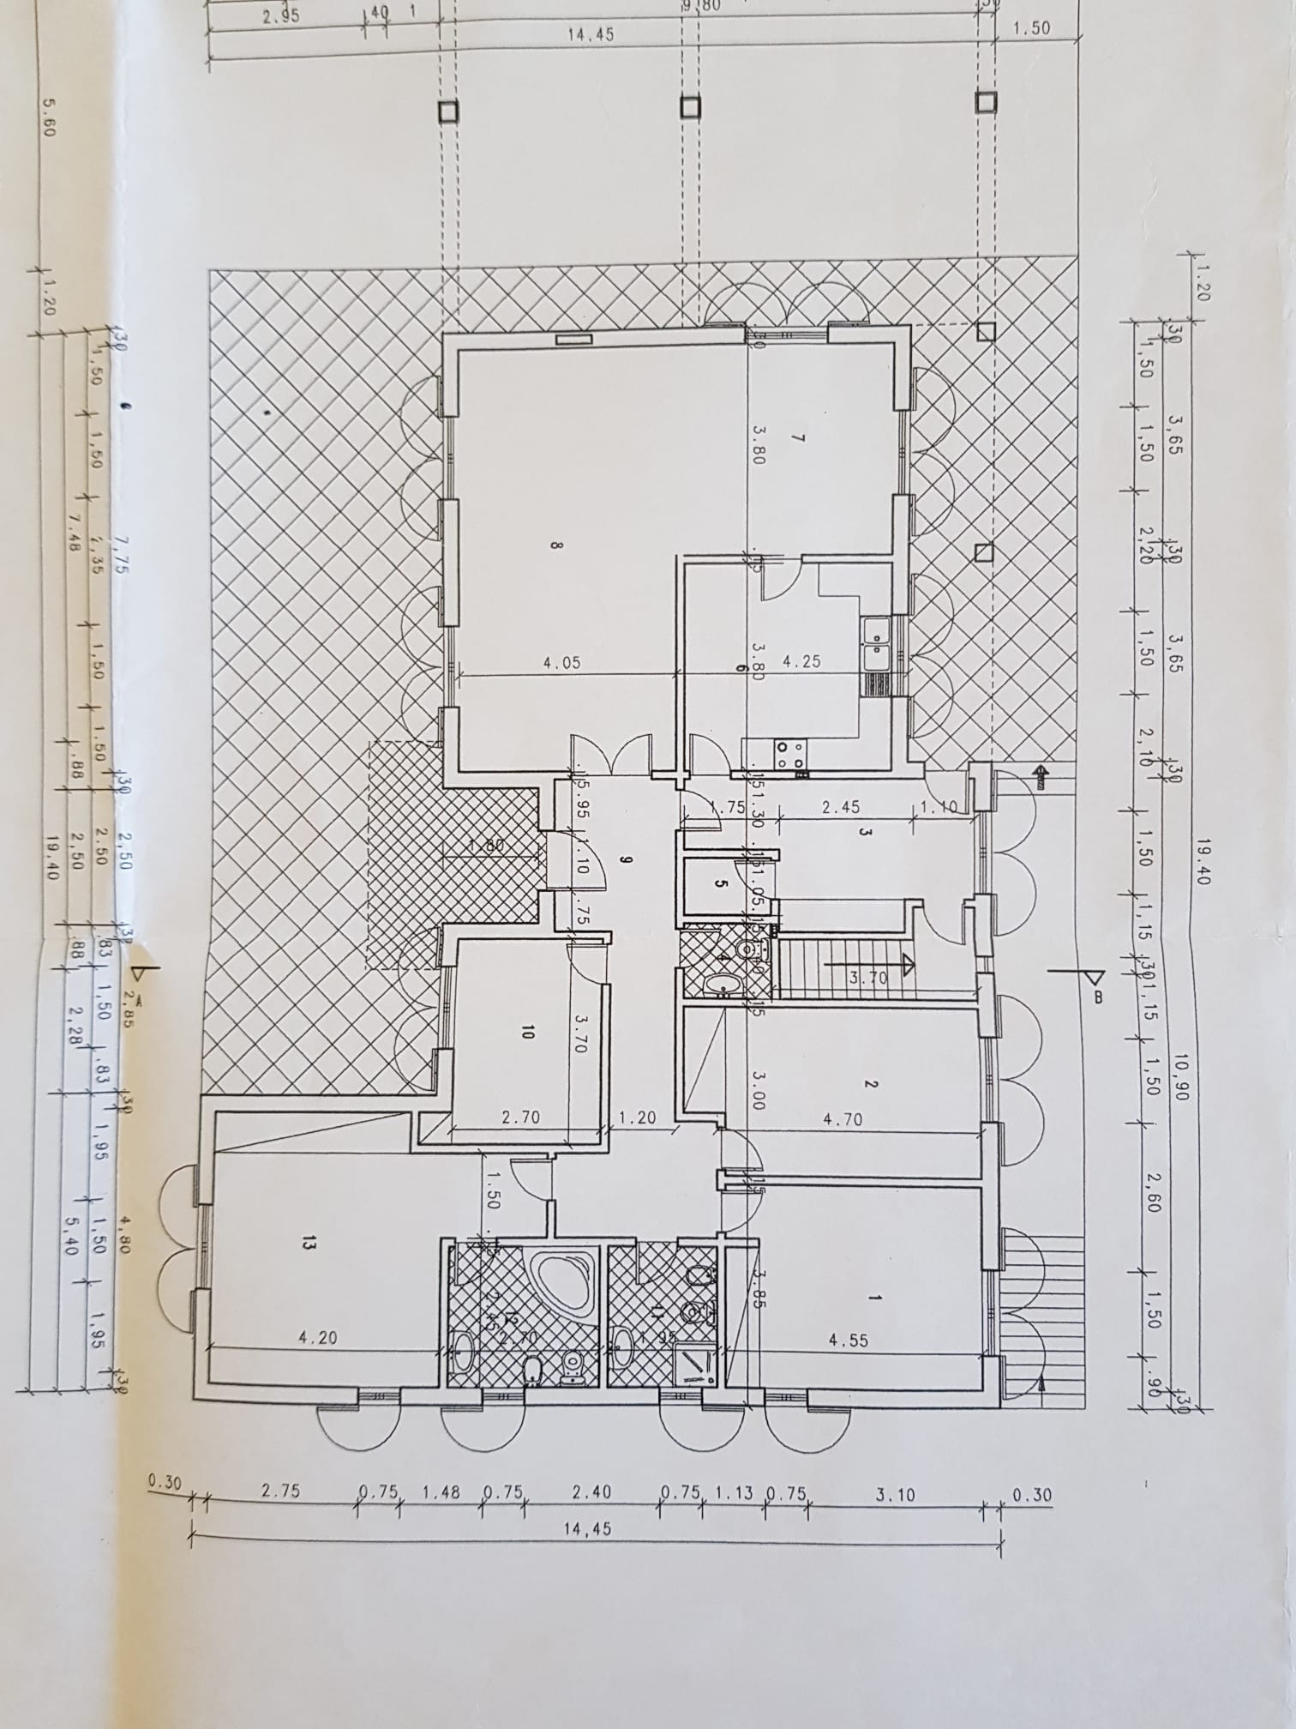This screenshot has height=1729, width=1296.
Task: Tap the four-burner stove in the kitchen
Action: click(789, 754)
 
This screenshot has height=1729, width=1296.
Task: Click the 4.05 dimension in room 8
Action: click(563, 662)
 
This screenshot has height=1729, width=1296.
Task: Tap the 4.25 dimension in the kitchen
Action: click(803, 662)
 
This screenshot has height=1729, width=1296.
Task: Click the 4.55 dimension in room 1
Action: click(849, 1340)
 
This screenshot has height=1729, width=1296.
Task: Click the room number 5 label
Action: click(719, 886)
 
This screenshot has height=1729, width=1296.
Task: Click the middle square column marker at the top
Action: click(690, 107)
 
